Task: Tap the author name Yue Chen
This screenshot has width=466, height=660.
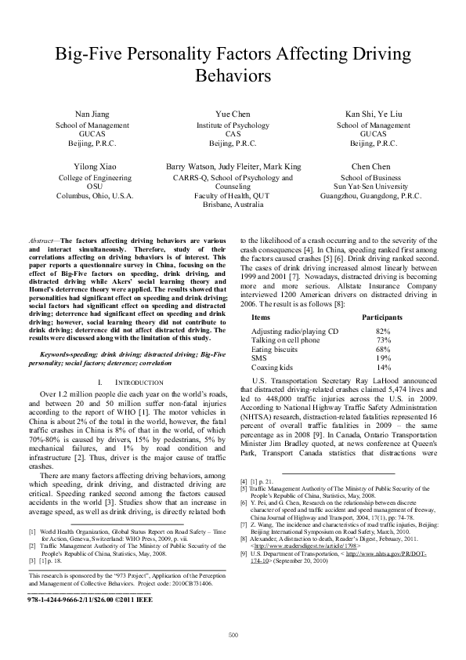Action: point(233,114)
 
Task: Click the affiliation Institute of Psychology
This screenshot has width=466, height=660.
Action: point(233,125)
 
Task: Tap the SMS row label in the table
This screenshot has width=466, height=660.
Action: point(258,358)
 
